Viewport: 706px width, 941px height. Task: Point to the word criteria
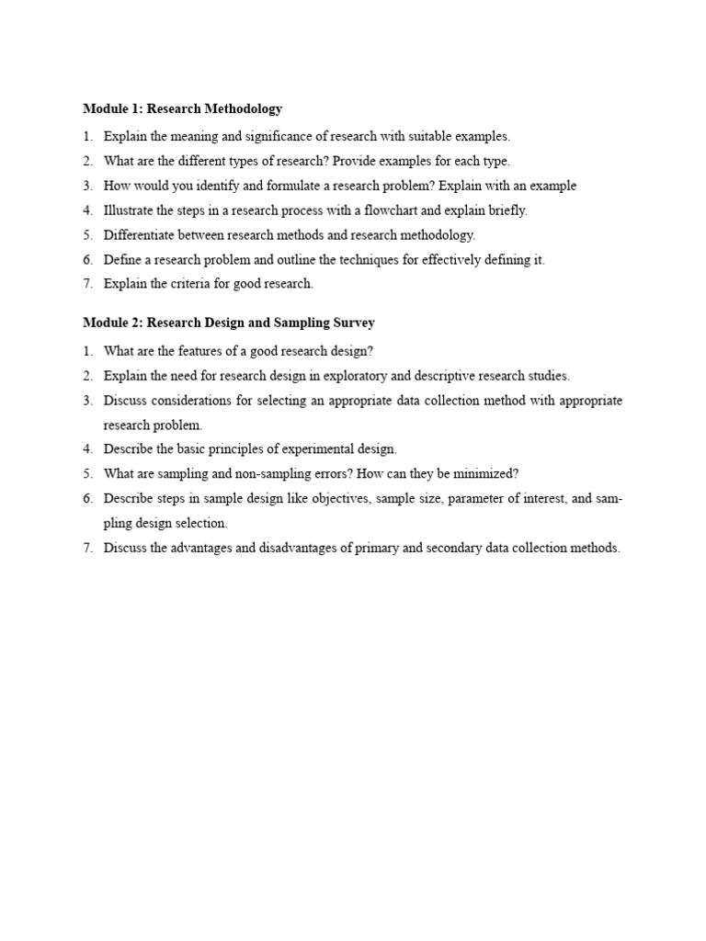pos(185,284)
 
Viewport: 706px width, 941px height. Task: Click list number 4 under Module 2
pos(88,449)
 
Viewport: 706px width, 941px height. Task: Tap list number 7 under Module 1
pos(88,284)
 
